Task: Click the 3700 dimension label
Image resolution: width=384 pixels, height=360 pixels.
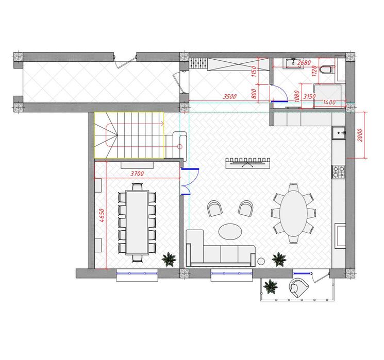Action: tap(137, 174)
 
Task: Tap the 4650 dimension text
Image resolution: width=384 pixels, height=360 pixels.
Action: tap(103, 215)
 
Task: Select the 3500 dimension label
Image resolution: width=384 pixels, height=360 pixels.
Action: tap(229, 96)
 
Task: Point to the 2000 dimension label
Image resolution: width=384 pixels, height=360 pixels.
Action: tap(360, 135)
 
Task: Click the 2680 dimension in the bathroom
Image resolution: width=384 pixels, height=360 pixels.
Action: tap(304, 63)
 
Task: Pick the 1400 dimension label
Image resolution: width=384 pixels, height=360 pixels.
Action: tap(329, 102)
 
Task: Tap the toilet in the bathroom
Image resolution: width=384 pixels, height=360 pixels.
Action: tap(326, 70)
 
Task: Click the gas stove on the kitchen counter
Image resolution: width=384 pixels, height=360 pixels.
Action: tap(339, 172)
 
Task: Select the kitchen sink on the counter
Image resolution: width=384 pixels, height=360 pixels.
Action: tap(339, 133)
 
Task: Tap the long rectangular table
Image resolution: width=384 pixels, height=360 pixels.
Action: tap(137, 222)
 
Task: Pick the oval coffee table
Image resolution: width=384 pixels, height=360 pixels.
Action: tap(230, 231)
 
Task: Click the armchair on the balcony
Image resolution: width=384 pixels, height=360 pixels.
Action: tap(298, 287)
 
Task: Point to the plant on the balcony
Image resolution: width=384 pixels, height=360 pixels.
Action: tap(271, 287)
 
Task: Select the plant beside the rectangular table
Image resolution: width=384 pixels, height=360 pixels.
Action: tap(169, 260)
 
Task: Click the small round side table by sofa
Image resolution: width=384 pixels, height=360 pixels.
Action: tap(261, 261)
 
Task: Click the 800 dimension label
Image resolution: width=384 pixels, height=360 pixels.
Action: tap(254, 94)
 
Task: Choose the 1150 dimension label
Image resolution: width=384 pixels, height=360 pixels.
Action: tap(254, 71)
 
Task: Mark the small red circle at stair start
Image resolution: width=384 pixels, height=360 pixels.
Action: tap(180, 147)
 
